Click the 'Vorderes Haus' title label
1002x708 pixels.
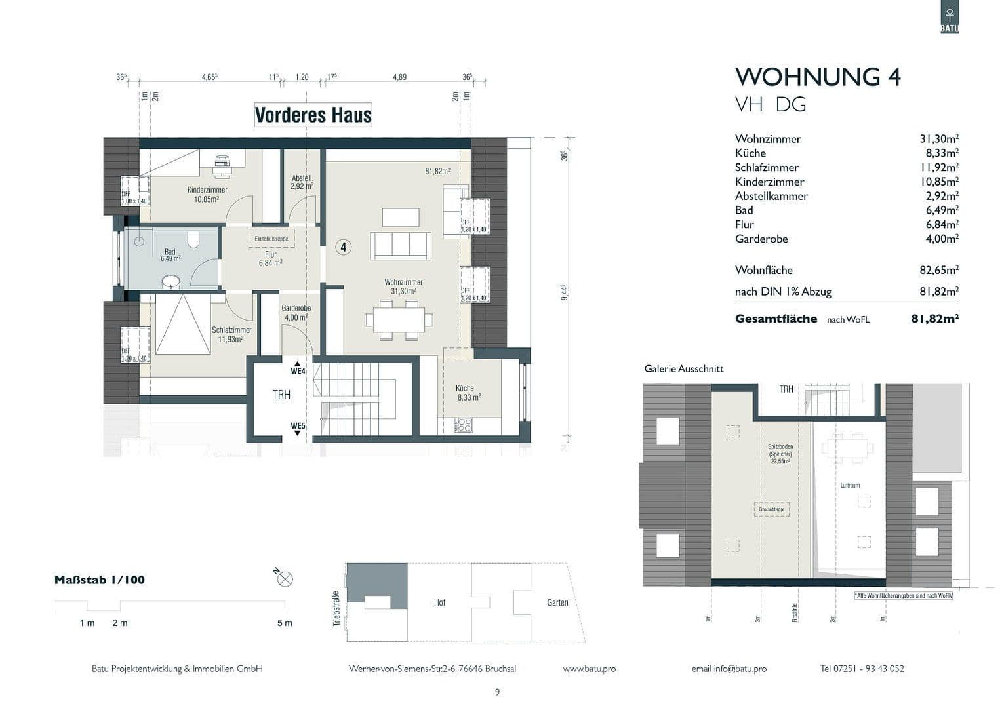pyautogui.click(x=313, y=115)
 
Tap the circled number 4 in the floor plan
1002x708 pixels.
pyautogui.click(x=343, y=247)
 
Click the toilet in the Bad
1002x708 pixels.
pyautogui.click(x=193, y=239)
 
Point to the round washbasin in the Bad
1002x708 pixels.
pyautogui.click(x=172, y=282)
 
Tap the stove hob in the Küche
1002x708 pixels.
pyautogui.click(x=464, y=425)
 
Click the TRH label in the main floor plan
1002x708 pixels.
pyautogui.click(x=281, y=395)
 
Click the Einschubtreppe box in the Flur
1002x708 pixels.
pyautogui.click(x=271, y=239)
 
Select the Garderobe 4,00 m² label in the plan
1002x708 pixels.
pyautogui.click(x=296, y=313)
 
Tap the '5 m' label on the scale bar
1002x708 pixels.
pyautogui.click(x=285, y=623)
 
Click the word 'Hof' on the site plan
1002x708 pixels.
pyautogui.click(x=439, y=602)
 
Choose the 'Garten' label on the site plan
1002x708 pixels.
pyautogui.click(x=557, y=602)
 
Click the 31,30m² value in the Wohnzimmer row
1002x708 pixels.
pyautogui.click(x=938, y=138)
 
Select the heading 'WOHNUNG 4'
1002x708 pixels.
pyautogui.click(x=818, y=77)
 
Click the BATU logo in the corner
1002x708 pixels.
pyautogui.click(x=949, y=18)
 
